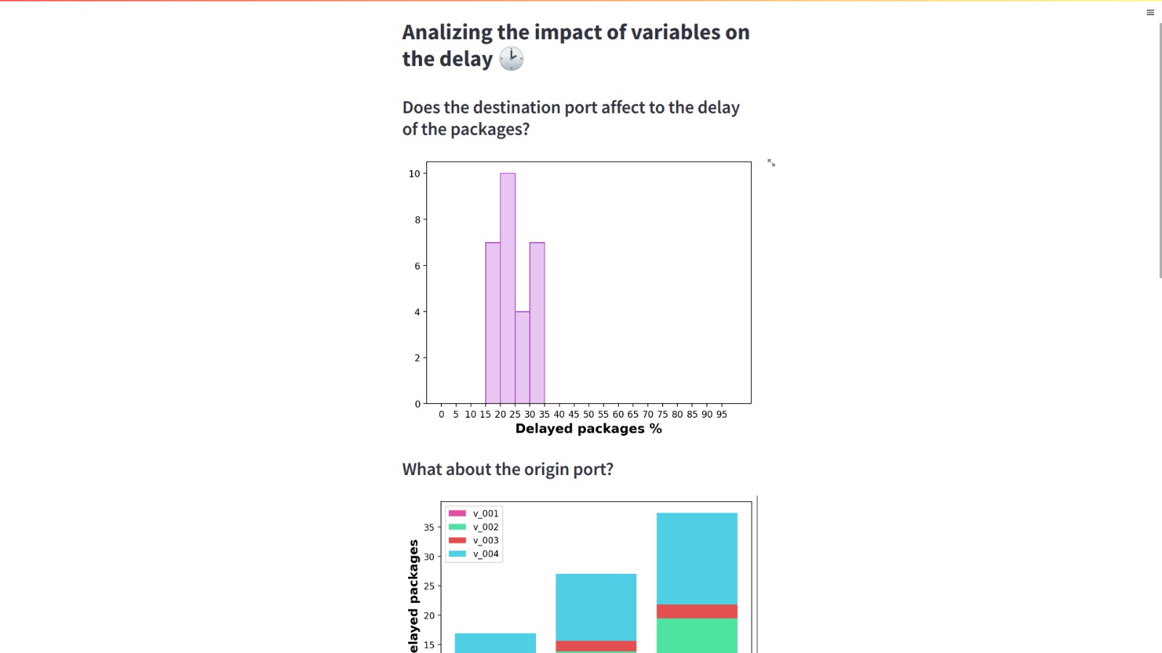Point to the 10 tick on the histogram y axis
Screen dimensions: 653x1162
415,174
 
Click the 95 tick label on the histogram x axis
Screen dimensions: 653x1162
721,414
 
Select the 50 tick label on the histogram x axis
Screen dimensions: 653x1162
588,414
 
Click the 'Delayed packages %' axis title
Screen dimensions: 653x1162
588,429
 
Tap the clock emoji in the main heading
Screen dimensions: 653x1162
511,59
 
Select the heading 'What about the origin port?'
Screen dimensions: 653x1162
508,469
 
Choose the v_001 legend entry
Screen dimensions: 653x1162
474,514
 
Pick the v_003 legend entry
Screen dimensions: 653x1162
474,540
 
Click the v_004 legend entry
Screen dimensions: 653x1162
474,553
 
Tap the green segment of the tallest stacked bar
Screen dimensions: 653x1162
696,635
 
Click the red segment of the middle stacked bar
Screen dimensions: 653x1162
596,646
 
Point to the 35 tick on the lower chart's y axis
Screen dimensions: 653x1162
429,527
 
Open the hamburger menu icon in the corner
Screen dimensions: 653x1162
1150,12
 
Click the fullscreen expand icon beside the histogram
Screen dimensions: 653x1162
771,163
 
